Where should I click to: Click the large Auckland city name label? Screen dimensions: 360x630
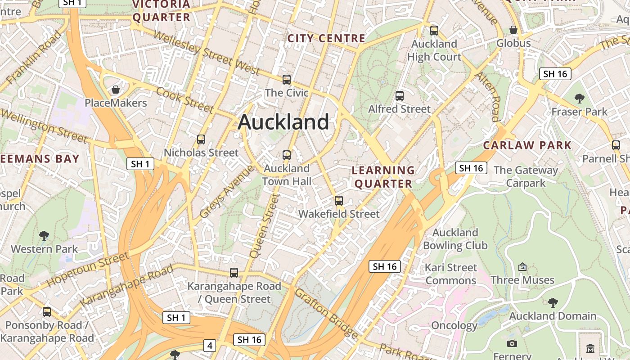click(x=283, y=122)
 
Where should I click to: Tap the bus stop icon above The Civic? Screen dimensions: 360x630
click(x=287, y=80)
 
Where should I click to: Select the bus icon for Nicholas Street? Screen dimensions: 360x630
click(x=201, y=139)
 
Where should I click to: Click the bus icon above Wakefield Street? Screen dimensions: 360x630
click(x=339, y=201)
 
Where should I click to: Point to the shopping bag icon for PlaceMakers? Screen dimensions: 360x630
click(x=116, y=90)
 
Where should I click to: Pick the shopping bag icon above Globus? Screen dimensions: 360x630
click(x=513, y=30)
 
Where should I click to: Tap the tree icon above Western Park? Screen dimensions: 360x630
click(x=44, y=235)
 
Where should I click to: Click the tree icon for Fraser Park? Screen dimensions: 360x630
click(x=580, y=98)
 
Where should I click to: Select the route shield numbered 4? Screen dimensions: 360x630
click(x=210, y=346)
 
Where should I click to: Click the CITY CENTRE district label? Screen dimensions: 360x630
click(x=326, y=39)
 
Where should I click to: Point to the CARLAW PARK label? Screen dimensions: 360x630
click(x=527, y=145)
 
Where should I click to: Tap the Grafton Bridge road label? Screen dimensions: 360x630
click(x=327, y=314)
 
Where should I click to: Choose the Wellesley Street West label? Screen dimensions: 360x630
click(x=207, y=53)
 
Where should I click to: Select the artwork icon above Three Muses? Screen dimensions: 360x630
click(x=522, y=267)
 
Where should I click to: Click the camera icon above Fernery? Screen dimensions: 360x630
click(x=512, y=344)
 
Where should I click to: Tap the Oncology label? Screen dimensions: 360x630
click(x=454, y=325)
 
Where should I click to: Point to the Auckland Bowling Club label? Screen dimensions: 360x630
click(x=455, y=239)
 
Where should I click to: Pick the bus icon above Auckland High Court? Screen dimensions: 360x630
click(x=434, y=31)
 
